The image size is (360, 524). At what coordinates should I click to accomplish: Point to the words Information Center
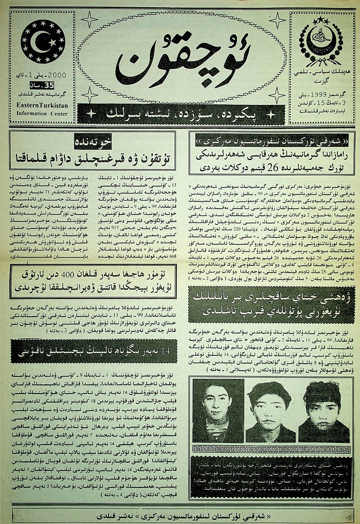(x=41, y=113)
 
